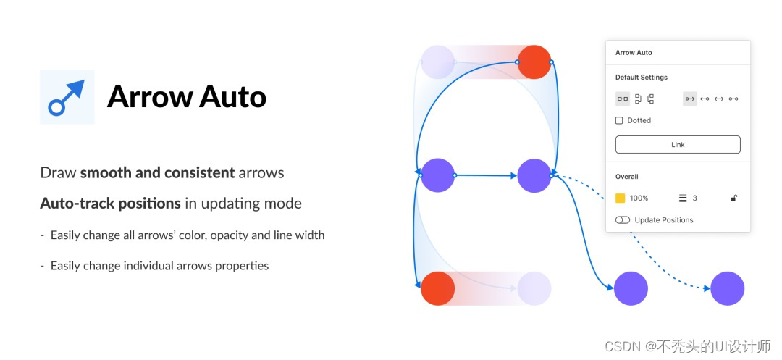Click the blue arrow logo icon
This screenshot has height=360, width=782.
click(x=67, y=97)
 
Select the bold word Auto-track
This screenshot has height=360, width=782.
click(x=78, y=204)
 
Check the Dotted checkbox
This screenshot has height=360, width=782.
click(x=619, y=120)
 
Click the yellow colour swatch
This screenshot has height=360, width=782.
click(x=620, y=198)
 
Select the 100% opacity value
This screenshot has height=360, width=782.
click(x=639, y=198)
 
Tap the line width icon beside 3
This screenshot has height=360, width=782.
click(x=682, y=198)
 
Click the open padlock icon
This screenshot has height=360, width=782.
click(x=733, y=198)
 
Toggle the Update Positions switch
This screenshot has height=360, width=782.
click(x=622, y=219)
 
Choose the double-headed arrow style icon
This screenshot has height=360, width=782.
click(x=719, y=99)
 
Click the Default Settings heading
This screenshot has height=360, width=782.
click(x=641, y=78)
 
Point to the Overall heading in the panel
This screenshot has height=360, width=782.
click(x=626, y=177)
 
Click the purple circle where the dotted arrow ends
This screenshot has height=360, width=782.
click(x=727, y=288)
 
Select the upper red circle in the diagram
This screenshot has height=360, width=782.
click(x=534, y=62)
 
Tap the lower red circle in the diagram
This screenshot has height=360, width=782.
click(x=437, y=288)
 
